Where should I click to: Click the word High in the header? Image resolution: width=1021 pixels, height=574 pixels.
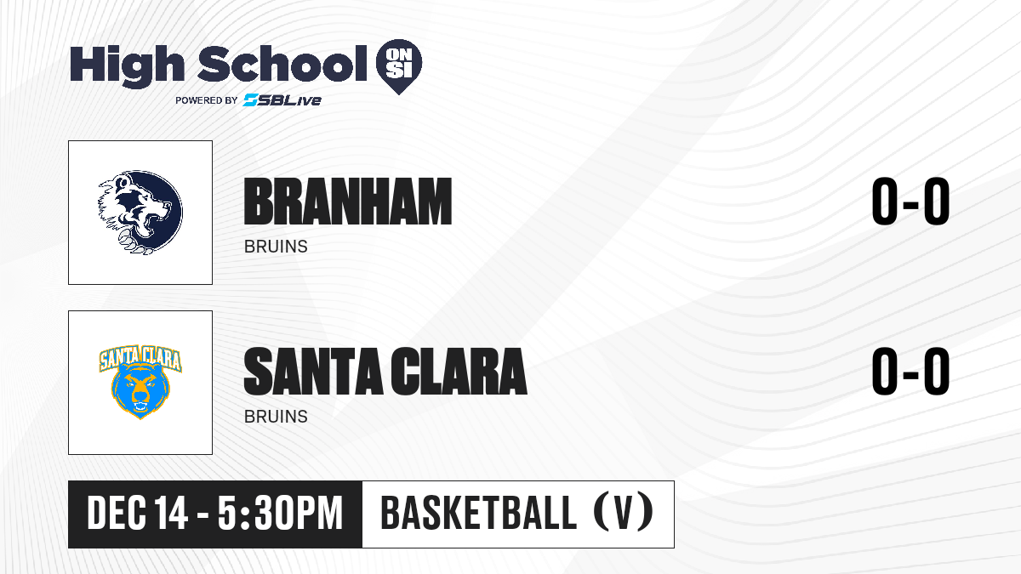pos(127,65)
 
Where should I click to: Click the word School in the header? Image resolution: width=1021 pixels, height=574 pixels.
pos(282,64)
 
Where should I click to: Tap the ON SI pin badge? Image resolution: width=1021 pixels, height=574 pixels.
pos(399,66)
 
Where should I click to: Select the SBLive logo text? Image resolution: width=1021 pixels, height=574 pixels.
pos(282,99)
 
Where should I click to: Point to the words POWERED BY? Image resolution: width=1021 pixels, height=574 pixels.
pos(207,100)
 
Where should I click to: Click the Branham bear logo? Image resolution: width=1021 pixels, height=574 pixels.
pos(140,213)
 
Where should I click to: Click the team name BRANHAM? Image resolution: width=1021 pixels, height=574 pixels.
pos(348,202)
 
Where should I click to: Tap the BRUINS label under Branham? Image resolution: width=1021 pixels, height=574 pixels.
pos(276,247)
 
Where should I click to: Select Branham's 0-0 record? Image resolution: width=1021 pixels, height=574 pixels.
pos(910,201)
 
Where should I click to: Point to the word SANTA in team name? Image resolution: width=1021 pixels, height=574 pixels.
pos(314,372)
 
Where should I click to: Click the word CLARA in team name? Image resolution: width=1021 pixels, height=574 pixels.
pos(459,372)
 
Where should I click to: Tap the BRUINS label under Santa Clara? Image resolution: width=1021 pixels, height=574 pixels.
pos(276,417)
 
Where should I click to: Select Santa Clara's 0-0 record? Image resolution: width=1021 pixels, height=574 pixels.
pos(910,372)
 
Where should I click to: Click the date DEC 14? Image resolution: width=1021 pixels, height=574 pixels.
pos(137,514)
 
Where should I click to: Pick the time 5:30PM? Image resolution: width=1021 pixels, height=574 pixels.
pos(280,514)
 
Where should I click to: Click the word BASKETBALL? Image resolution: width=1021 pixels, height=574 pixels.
pos(478,513)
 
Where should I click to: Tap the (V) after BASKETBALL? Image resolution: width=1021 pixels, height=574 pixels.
pos(624,513)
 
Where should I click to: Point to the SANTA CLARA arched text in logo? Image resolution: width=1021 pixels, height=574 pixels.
pos(140,359)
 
